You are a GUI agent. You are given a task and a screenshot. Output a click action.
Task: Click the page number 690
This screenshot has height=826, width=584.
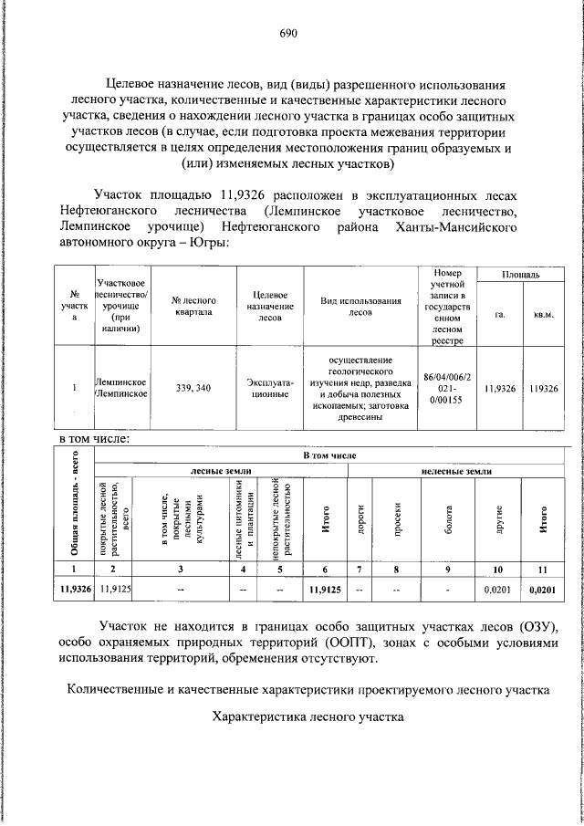pyautogui.click(x=289, y=34)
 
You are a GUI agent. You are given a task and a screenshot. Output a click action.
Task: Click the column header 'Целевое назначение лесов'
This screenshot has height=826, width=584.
pyautogui.click(x=270, y=307)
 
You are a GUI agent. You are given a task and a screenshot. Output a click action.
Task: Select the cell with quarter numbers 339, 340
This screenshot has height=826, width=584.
pyautogui.click(x=193, y=388)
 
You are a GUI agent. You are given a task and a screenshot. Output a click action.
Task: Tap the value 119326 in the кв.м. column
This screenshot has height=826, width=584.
pyautogui.click(x=543, y=388)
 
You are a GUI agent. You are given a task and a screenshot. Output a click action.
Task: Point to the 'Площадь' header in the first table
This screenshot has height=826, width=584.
pyautogui.click(x=521, y=274)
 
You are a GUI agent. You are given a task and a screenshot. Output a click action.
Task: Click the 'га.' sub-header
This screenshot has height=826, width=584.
pyautogui.click(x=500, y=314)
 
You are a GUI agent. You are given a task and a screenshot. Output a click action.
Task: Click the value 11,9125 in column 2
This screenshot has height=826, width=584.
pyautogui.click(x=115, y=590)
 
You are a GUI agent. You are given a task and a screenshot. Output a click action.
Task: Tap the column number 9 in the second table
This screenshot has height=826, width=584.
pyautogui.click(x=448, y=570)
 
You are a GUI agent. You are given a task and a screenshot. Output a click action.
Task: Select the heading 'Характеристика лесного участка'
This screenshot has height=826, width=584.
pyautogui.click(x=308, y=717)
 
